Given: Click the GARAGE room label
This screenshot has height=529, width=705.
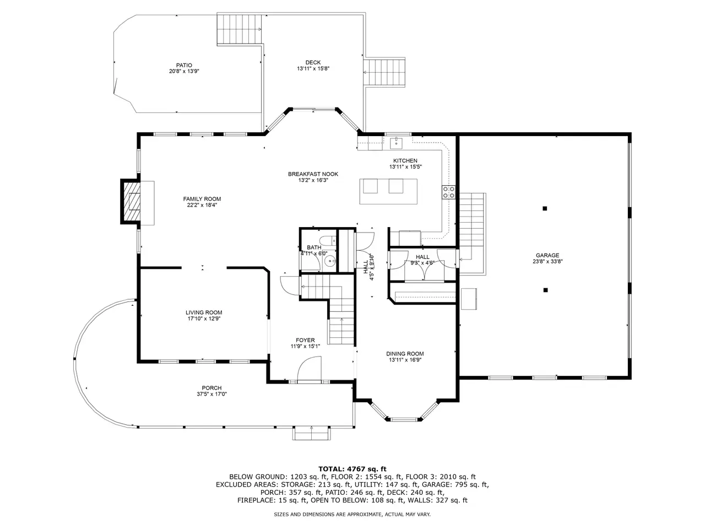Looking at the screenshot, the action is [547, 255].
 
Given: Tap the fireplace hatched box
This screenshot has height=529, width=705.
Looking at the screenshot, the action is [132, 202].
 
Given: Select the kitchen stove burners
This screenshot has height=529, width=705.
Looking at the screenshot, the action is [448, 192].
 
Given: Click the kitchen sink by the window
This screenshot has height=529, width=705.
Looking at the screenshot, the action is [397, 143].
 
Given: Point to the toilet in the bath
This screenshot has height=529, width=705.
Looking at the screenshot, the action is [328, 240].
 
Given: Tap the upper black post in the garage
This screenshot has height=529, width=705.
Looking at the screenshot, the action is [545, 208].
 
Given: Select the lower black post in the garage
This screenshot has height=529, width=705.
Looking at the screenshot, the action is [545, 290].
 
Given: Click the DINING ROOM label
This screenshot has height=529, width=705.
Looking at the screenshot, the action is [405, 354].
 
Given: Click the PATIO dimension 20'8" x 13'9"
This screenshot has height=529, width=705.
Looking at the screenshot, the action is [184, 71].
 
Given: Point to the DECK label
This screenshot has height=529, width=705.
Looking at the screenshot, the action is [313, 62].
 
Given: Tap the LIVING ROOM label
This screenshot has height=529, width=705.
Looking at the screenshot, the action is [204, 312].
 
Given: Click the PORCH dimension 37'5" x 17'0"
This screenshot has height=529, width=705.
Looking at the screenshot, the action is [211, 394].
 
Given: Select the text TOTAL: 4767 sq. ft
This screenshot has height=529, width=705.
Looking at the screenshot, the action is [352, 469].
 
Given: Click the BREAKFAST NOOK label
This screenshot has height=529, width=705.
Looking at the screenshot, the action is [313, 174].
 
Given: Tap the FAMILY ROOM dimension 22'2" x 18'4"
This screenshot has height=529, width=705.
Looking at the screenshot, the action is [202, 205].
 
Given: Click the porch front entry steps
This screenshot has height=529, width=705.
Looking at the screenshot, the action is [312, 433].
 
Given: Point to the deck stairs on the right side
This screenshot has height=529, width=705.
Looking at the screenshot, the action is [384, 72].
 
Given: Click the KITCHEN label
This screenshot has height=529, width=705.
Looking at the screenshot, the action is [405, 160].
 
